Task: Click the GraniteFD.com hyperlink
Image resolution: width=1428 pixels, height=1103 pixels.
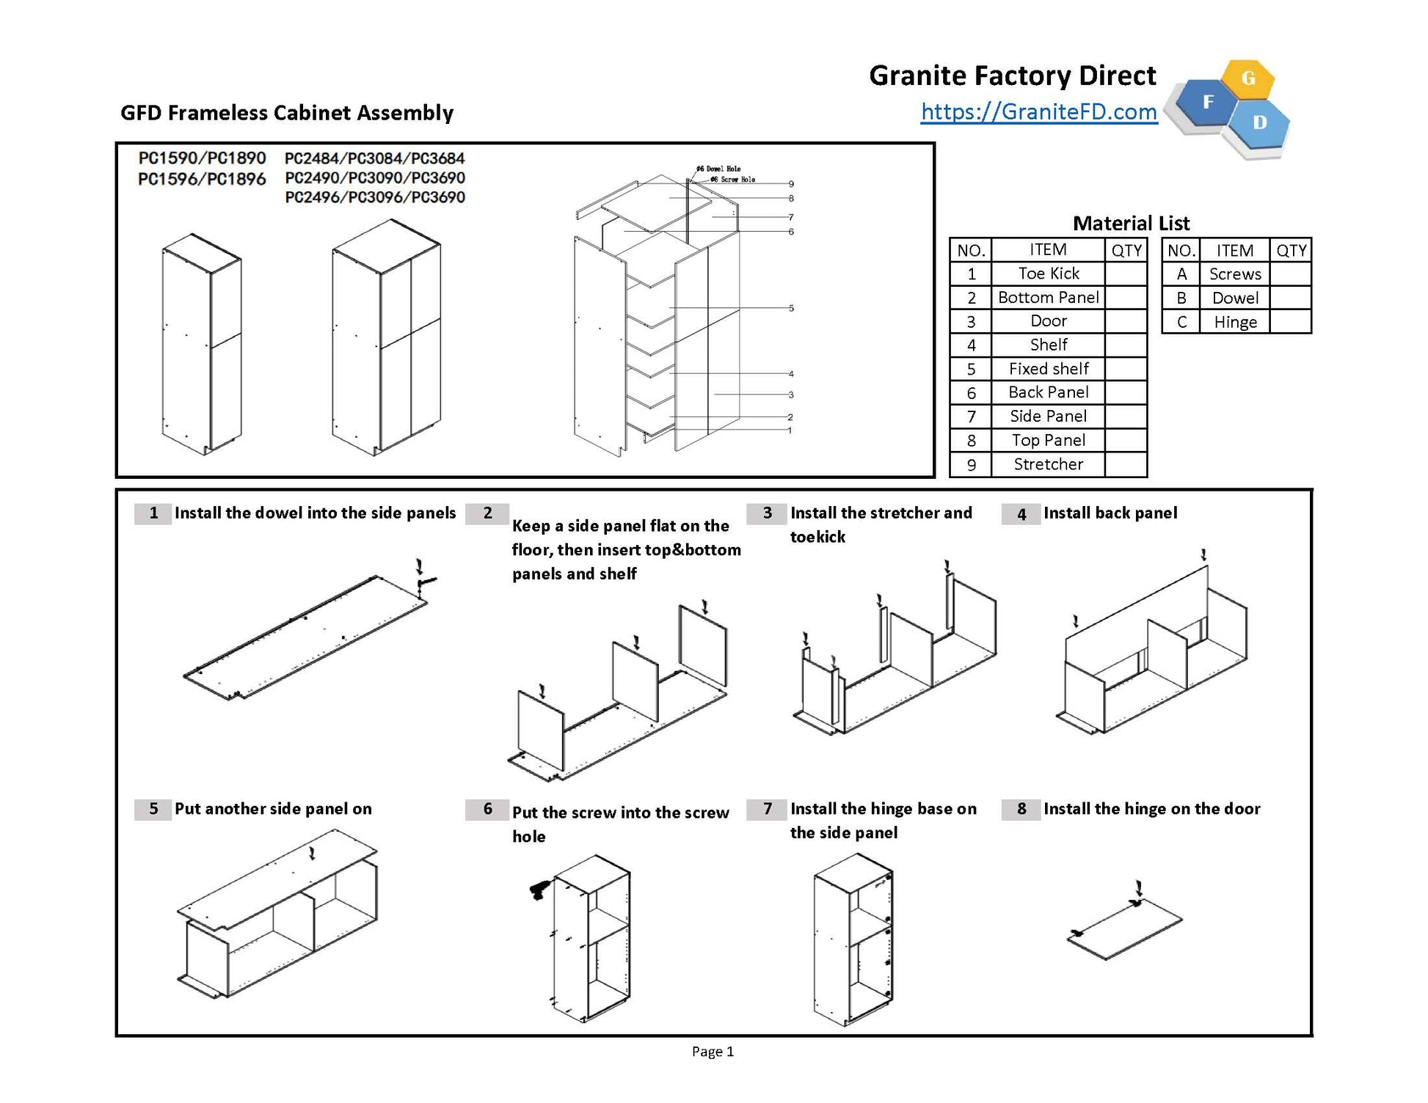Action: pyautogui.click(x=1038, y=111)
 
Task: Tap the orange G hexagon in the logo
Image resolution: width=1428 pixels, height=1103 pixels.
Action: pyautogui.click(x=1247, y=78)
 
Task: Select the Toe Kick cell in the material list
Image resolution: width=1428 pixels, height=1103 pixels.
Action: pyautogui.click(x=1048, y=274)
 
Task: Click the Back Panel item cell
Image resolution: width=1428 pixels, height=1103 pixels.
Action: pyautogui.click(x=1048, y=392)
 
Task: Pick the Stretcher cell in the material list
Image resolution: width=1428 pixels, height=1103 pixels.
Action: pyautogui.click(x=1048, y=464)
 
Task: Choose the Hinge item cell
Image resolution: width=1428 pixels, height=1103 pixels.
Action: pyautogui.click(x=1234, y=322)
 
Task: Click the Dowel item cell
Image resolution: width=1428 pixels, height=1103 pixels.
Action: pyautogui.click(x=1234, y=298)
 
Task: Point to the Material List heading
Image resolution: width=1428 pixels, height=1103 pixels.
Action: pyautogui.click(x=1131, y=223)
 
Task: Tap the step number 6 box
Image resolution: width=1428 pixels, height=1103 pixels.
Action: pyautogui.click(x=487, y=809)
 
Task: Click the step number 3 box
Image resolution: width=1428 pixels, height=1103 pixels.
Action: pyautogui.click(x=767, y=513)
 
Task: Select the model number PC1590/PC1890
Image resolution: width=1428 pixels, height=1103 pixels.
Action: pyautogui.click(x=202, y=158)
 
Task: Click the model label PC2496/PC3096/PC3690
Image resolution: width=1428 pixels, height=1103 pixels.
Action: pyautogui.click(x=375, y=197)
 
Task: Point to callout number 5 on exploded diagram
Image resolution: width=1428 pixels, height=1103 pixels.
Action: pyautogui.click(x=791, y=308)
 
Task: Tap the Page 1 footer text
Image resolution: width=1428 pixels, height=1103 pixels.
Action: pyautogui.click(x=713, y=1052)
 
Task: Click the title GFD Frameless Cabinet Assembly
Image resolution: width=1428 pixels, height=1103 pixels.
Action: pyautogui.click(x=287, y=113)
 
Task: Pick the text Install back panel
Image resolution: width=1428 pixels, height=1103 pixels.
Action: pyautogui.click(x=1110, y=513)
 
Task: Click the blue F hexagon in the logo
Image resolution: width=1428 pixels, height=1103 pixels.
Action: pyautogui.click(x=1208, y=103)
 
